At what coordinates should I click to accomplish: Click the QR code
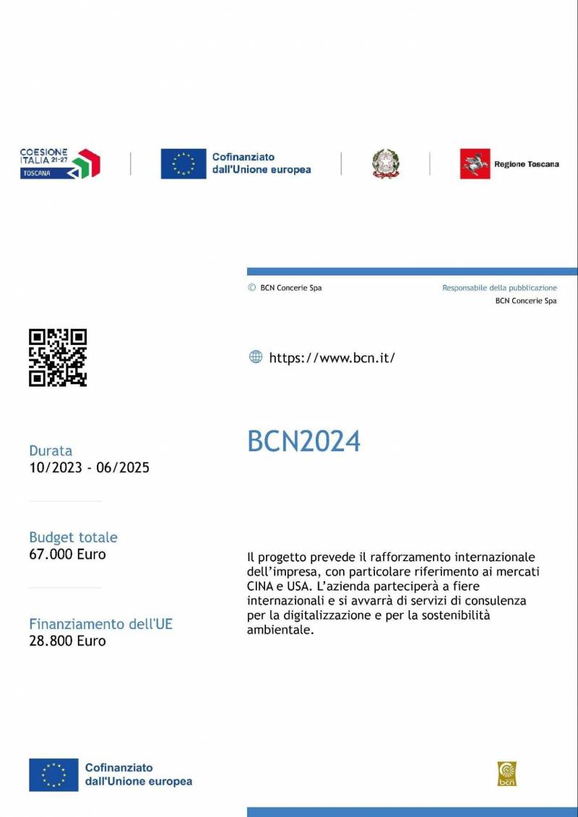click(x=58, y=358)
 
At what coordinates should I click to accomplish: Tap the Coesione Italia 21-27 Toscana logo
click(x=59, y=163)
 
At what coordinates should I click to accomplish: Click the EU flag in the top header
click(x=184, y=163)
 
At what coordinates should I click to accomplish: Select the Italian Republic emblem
click(x=386, y=163)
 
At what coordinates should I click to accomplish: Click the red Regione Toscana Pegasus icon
click(x=475, y=163)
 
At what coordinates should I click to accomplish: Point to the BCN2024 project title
click(x=303, y=441)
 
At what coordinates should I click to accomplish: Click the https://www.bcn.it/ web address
click(x=332, y=357)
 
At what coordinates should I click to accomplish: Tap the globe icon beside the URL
click(x=256, y=356)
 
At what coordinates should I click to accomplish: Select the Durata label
click(x=51, y=450)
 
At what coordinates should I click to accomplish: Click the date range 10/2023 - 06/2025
click(x=89, y=468)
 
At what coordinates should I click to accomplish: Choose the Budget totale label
click(x=73, y=537)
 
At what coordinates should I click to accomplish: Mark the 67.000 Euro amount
click(x=67, y=555)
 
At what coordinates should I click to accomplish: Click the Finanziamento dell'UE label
click(x=100, y=624)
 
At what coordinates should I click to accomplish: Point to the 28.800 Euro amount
click(x=67, y=641)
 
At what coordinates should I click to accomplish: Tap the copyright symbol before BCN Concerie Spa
click(x=251, y=287)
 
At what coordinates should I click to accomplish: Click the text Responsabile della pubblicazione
click(x=499, y=288)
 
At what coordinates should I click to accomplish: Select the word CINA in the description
click(x=260, y=586)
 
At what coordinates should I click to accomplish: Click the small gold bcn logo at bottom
click(x=507, y=774)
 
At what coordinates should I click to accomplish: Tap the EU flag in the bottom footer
click(x=53, y=774)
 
